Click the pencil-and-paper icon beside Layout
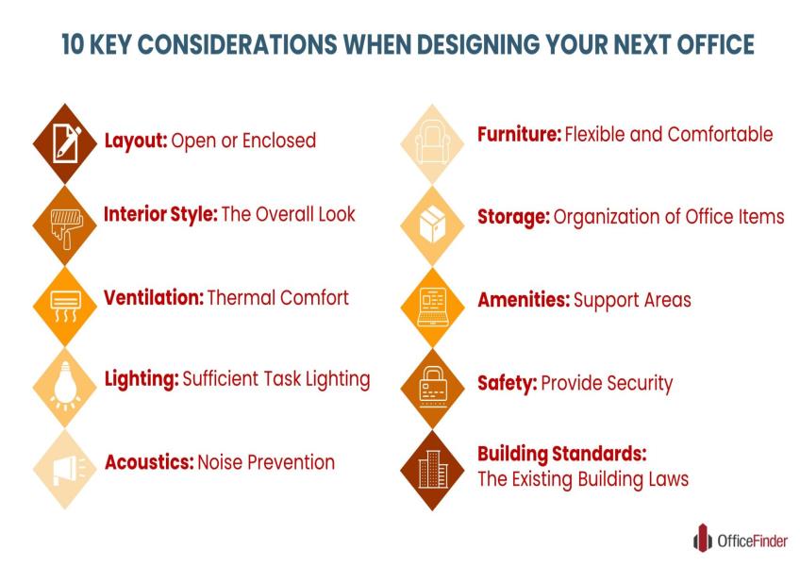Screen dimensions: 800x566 [x=66, y=142]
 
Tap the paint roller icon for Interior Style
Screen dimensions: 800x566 [x=67, y=227]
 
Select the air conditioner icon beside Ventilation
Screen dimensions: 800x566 [x=66, y=307]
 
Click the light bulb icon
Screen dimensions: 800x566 [x=65, y=385]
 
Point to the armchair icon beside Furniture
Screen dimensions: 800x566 [x=432, y=141]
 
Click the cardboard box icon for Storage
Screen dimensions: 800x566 [x=433, y=224]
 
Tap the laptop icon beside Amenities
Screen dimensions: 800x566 [x=432, y=307]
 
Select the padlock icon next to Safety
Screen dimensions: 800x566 [x=433, y=387]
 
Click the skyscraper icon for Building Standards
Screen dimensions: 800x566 [x=433, y=469]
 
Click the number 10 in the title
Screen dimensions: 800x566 [x=73, y=44]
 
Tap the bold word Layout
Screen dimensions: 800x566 [x=136, y=141]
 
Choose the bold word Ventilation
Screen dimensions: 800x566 [x=154, y=297]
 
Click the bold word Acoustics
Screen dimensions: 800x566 [x=149, y=462]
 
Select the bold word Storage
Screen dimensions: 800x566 [x=513, y=217]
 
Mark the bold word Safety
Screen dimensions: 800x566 [x=508, y=383]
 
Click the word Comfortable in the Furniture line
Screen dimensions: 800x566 [x=720, y=134]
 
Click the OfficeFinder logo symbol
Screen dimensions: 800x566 [x=703, y=538]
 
